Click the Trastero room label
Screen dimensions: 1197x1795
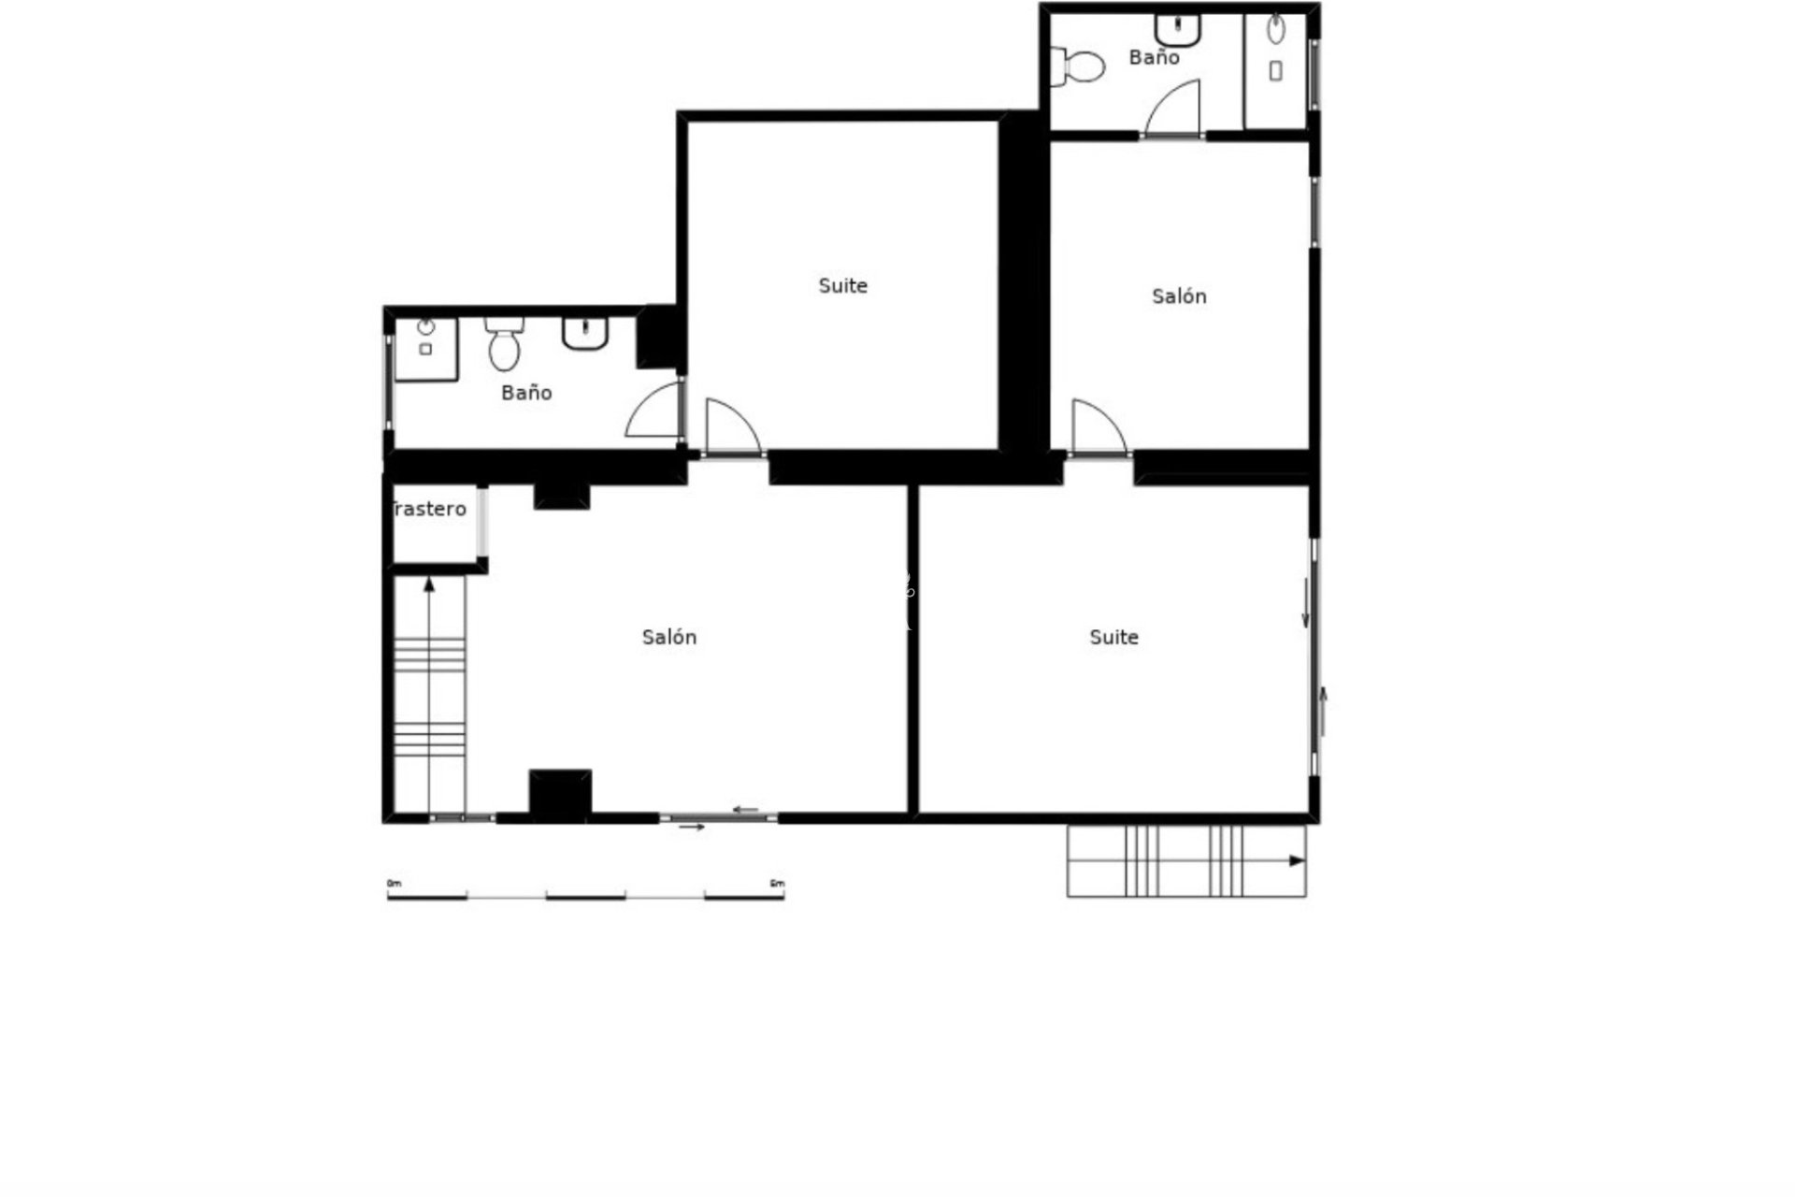[429, 509]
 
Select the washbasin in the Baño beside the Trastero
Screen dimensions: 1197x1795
[585, 332]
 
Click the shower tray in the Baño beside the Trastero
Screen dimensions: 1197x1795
[425, 349]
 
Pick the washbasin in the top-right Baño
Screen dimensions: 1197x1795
[1177, 29]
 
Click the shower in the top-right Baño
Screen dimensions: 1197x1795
[1275, 70]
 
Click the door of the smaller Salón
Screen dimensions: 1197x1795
[1097, 429]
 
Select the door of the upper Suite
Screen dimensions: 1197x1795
[730, 429]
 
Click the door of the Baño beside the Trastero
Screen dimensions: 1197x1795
[655, 411]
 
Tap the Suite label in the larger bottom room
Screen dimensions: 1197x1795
[1113, 637]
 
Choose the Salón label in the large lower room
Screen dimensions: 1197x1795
[669, 637]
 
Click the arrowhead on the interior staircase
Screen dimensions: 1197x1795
[429, 584]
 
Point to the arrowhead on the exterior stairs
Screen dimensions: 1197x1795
[1297, 861]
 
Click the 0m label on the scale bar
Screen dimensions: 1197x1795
[394, 884]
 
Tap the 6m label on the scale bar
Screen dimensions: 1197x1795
[776, 884]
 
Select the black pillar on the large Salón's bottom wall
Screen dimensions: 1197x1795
[560, 794]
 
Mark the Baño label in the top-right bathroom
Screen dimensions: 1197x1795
[1154, 57]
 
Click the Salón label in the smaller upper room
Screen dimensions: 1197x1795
[1179, 296]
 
